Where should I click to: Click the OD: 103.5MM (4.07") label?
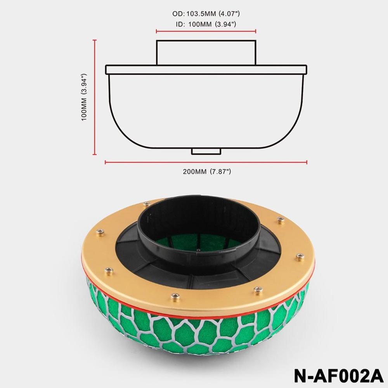click(x=206, y=14)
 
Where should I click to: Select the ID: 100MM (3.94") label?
click(x=206, y=24)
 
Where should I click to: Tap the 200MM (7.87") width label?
click(x=207, y=171)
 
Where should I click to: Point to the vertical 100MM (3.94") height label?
click(x=84, y=97)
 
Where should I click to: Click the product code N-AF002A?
click(x=338, y=376)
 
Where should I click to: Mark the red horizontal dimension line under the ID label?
click(x=206, y=31)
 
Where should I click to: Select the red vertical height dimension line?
click(x=95, y=97)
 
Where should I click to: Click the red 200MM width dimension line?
click(x=206, y=162)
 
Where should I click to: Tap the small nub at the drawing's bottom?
click(x=206, y=151)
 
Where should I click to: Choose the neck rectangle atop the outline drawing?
click(x=206, y=52)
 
